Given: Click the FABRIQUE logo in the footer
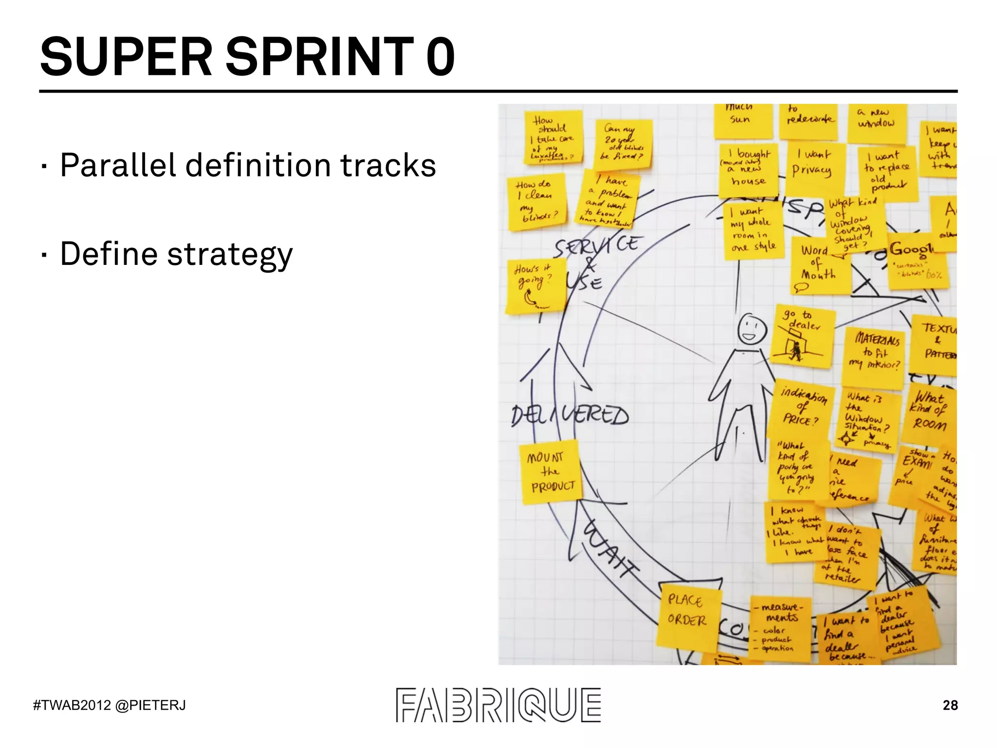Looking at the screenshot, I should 498,705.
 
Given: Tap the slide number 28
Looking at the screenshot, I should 950,705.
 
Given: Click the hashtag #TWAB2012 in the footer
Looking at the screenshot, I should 72,705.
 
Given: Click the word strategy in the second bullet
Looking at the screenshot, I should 230,254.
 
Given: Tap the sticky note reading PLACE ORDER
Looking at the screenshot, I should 687,617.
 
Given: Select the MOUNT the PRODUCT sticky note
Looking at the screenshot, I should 551,471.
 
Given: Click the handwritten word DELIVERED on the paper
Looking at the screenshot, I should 570,415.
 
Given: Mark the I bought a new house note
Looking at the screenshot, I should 749,168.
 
